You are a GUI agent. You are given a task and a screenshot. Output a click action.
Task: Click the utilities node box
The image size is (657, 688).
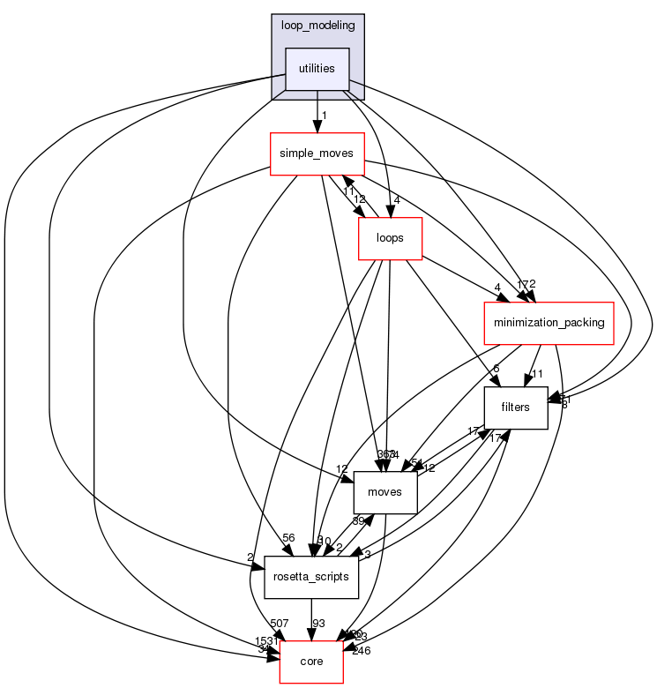[x=317, y=69]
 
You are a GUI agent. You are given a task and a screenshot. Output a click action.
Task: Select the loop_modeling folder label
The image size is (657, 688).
[x=317, y=25]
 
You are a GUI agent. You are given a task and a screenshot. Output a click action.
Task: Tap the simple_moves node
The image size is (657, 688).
[x=316, y=153]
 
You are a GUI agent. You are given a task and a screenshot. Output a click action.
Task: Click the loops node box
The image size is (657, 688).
[x=389, y=237]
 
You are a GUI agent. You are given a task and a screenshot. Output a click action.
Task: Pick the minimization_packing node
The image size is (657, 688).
[x=548, y=323]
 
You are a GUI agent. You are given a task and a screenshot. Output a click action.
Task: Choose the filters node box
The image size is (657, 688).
[x=515, y=408]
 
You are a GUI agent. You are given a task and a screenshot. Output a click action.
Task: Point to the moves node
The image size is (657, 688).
[x=384, y=491]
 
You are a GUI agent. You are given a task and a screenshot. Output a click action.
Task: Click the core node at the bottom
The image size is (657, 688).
[x=310, y=661]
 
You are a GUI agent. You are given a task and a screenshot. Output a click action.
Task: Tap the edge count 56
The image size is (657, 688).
[x=287, y=538]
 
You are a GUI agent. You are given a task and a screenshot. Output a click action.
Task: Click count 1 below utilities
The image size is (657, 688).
[x=325, y=116]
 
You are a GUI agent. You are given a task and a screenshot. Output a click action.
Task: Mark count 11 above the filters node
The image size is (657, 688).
[x=536, y=374]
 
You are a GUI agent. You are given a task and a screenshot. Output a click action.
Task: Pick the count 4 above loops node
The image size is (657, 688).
[x=398, y=200]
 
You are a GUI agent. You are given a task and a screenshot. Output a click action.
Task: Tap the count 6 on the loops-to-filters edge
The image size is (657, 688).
[x=496, y=370]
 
